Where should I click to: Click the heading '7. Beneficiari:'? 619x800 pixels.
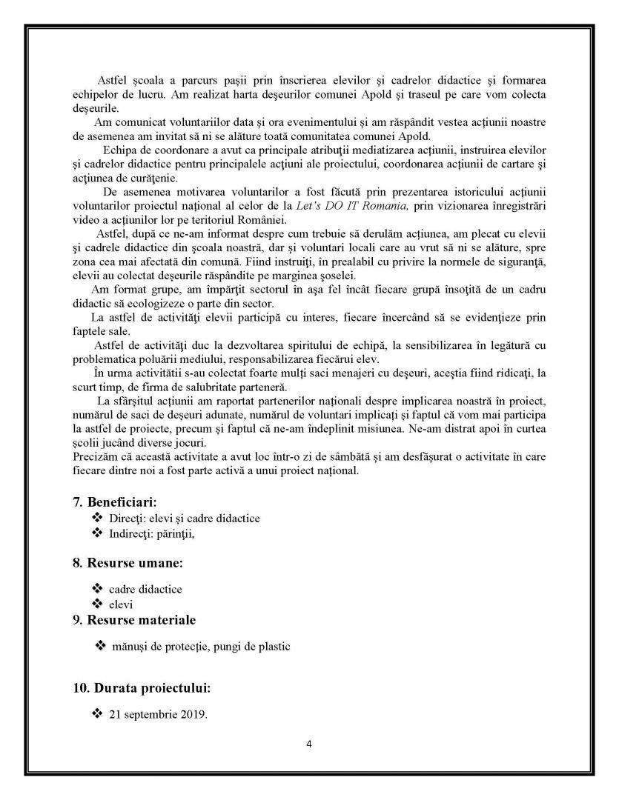(x=114, y=502)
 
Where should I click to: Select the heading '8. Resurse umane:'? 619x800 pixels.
(x=128, y=562)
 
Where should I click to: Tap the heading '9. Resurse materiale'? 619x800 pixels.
(x=134, y=619)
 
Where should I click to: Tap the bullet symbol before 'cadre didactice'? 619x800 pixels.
(x=96, y=588)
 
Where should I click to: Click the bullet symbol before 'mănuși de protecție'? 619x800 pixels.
(x=101, y=646)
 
